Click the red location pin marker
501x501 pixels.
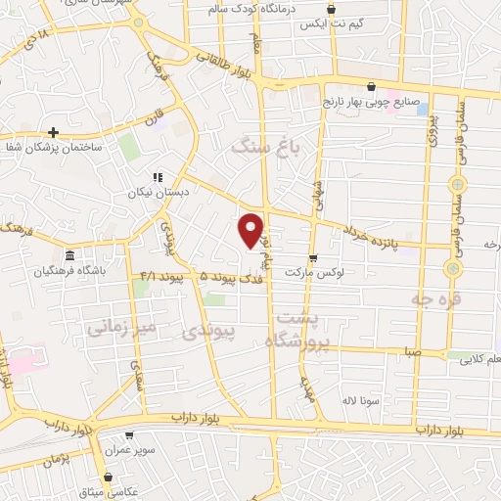click(x=251, y=229)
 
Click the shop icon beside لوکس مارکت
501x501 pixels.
click(x=312, y=258)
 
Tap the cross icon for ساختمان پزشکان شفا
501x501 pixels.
click(x=53, y=132)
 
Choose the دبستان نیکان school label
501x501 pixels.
click(x=159, y=193)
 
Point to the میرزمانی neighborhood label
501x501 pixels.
click(x=124, y=327)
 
